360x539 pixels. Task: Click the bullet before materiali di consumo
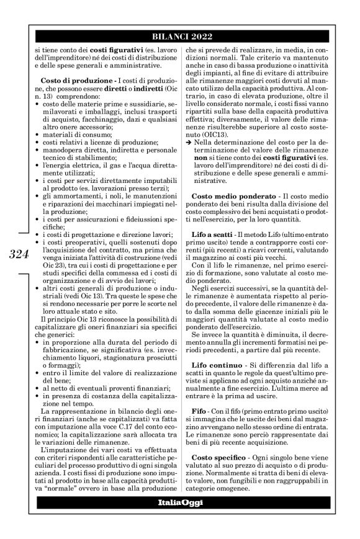pyautogui.click(x=37, y=143)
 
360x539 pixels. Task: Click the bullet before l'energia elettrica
pyautogui.click(x=37, y=174)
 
